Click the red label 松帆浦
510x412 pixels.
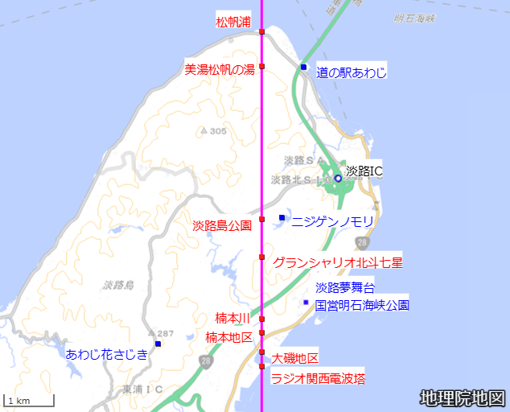click(234, 22)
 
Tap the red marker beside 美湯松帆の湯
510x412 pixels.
click(262, 66)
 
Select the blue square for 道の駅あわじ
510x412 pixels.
click(303, 66)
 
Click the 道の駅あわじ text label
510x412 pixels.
click(352, 72)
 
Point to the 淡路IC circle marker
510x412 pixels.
click(338, 178)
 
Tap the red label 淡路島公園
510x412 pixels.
click(222, 225)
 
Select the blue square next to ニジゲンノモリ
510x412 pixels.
click(282, 217)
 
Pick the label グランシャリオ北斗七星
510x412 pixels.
click(338, 262)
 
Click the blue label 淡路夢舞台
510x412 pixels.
click(345, 287)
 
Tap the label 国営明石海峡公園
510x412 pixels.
click(362, 305)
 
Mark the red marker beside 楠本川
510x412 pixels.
click(262, 319)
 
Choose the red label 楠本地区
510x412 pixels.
click(228, 336)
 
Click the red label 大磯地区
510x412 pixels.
click(295, 358)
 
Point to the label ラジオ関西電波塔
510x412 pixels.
click(318, 377)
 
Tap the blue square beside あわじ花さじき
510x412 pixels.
click(158, 344)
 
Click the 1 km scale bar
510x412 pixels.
click(29, 400)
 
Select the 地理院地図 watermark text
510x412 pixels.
click(463, 398)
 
